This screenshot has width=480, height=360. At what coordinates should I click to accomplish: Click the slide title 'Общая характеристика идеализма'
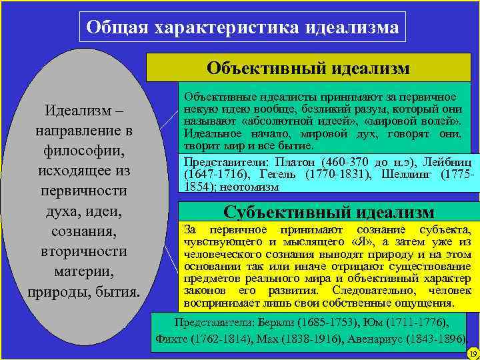click(243, 29)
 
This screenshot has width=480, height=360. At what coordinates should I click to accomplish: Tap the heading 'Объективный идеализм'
click(308, 69)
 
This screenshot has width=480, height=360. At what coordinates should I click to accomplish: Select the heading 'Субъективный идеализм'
click(329, 212)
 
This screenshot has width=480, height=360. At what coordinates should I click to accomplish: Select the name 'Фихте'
click(170, 338)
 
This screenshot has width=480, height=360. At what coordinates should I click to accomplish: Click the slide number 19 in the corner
click(472, 353)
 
